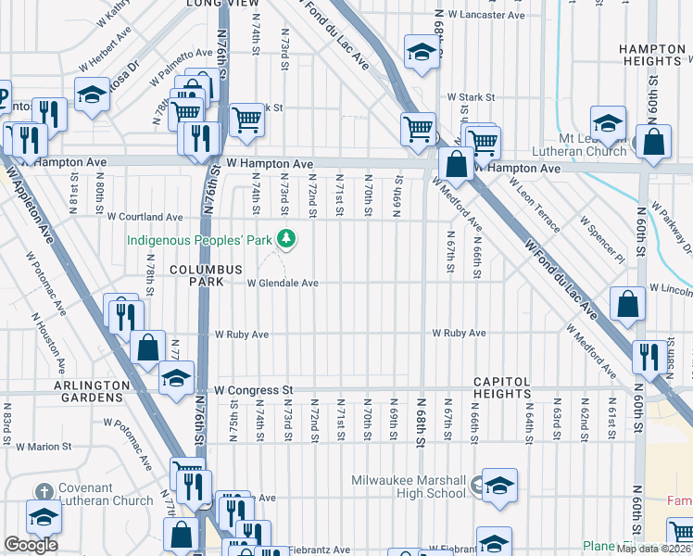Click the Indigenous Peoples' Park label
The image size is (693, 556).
pos(199,240)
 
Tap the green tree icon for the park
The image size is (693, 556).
pos(287,240)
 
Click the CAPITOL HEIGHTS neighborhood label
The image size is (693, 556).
pos(502,388)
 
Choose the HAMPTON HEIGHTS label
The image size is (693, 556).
pos(651,54)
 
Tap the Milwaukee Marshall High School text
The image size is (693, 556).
pos(409,486)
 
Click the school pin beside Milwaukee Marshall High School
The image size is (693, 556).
pos(498,487)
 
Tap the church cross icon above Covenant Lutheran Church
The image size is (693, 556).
pos(44,491)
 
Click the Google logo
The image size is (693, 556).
pos(31,545)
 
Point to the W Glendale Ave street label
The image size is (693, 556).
pos(282,284)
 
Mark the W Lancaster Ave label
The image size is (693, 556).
pos(486,16)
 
